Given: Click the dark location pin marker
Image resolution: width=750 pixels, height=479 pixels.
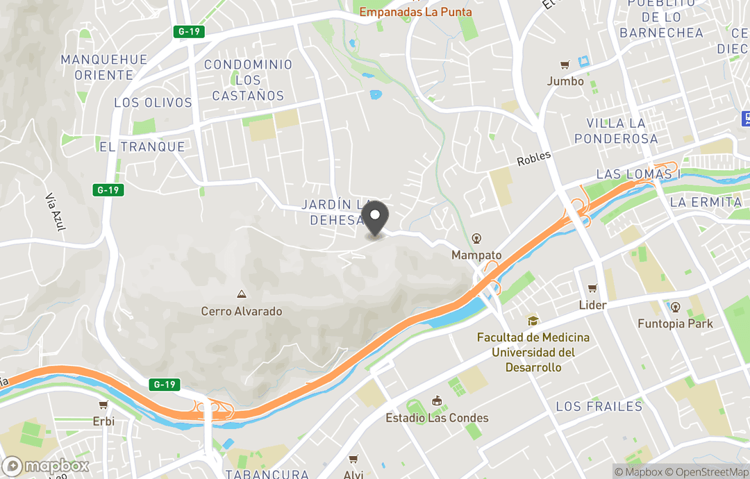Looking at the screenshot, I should point(376,218).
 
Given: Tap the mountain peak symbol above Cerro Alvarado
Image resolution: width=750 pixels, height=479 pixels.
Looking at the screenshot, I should point(242,295).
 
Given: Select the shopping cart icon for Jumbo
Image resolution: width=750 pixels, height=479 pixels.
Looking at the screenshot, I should point(565,65).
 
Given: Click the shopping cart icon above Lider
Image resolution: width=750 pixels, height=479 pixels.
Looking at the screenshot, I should point(592,288).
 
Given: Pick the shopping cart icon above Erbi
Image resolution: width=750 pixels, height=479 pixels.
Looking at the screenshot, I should point(103,405).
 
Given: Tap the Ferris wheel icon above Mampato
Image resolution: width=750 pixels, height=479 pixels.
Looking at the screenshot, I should point(476,238).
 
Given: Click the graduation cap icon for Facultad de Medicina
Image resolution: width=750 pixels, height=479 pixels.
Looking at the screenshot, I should point(533,321).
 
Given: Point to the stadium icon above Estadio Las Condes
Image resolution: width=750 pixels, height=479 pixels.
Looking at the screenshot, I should point(437,401).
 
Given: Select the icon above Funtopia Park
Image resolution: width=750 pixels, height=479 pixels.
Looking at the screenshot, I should point(675,307).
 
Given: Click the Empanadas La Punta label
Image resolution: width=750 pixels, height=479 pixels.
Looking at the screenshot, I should point(415,12).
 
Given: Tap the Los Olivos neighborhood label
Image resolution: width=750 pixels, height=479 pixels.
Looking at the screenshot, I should point(153,103).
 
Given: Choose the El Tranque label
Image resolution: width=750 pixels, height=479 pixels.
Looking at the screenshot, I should point(142,147).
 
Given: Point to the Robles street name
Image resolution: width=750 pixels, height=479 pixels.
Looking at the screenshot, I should point(533,159).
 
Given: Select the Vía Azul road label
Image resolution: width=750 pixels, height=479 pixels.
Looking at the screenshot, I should point(53,212).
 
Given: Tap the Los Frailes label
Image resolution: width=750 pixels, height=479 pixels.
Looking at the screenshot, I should point(599,407).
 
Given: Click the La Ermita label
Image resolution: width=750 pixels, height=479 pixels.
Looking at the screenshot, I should point(706,202).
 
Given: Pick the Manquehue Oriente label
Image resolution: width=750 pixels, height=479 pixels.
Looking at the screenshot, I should point(104,67).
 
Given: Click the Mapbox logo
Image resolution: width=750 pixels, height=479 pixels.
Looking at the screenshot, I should point(46,466).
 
